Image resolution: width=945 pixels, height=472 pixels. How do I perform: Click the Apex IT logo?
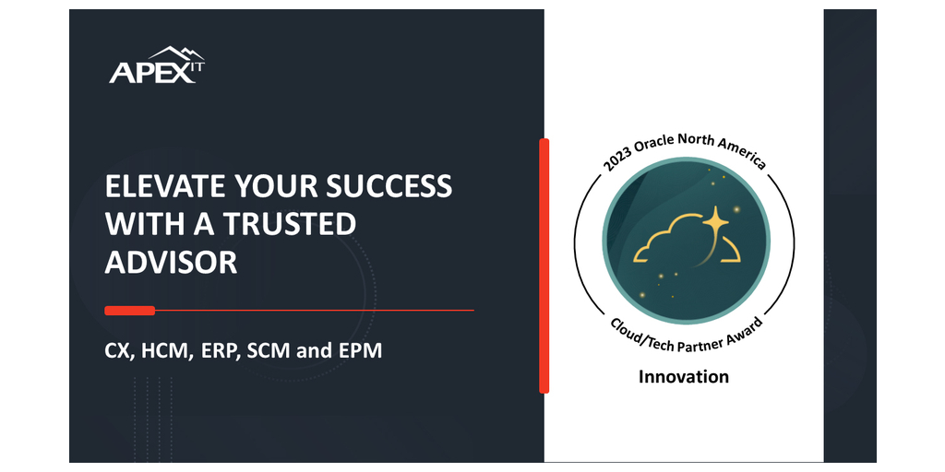(x=157, y=65)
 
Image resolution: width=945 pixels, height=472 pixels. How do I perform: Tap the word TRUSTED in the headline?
(x=290, y=224)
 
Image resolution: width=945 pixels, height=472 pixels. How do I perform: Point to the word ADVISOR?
(x=171, y=263)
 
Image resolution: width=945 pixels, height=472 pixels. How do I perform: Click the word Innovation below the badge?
(x=684, y=377)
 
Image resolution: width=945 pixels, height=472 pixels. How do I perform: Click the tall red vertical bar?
(x=544, y=265)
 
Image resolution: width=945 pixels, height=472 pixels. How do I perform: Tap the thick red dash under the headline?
(x=129, y=311)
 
